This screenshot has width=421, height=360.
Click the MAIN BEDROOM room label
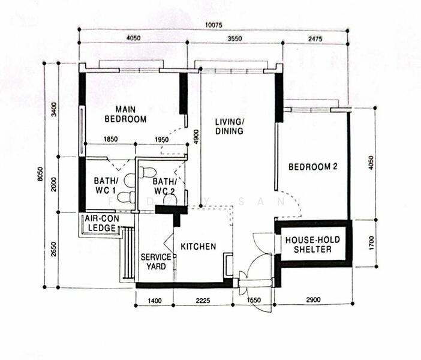pyautogui.click(x=125, y=115)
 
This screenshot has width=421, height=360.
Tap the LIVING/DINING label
pyautogui.click(x=230, y=126)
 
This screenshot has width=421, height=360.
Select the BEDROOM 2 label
pyautogui.click(x=313, y=167)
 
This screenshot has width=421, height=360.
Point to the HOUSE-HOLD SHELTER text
pyautogui.click(x=313, y=244)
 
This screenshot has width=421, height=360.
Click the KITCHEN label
pyautogui.click(x=198, y=247)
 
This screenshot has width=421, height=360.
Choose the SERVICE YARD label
pyautogui.click(x=156, y=262)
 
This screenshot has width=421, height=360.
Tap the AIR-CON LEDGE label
pyautogui.click(x=102, y=224)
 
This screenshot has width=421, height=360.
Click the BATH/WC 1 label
pyautogui.click(x=106, y=185)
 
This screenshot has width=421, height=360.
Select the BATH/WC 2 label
pyautogui.click(x=164, y=187)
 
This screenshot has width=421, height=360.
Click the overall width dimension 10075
pyautogui.click(x=213, y=25)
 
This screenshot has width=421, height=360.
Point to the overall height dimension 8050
pyautogui.click(x=40, y=174)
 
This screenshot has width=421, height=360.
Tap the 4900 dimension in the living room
pyautogui.click(x=196, y=137)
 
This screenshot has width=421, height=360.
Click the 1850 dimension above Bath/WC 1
pyautogui.click(x=110, y=139)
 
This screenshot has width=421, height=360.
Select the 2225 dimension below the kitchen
pyautogui.click(x=203, y=301)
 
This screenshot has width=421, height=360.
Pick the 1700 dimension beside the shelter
pyautogui.click(x=371, y=243)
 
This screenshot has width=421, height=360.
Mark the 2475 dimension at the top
pyautogui.click(x=315, y=39)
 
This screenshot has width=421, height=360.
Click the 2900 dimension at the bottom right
pyautogui.click(x=313, y=299)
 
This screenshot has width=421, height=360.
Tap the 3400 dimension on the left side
pyautogui.click(x=54, y=109)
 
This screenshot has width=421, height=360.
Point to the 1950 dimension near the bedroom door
pyautogui.click(x=162, y=140)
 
